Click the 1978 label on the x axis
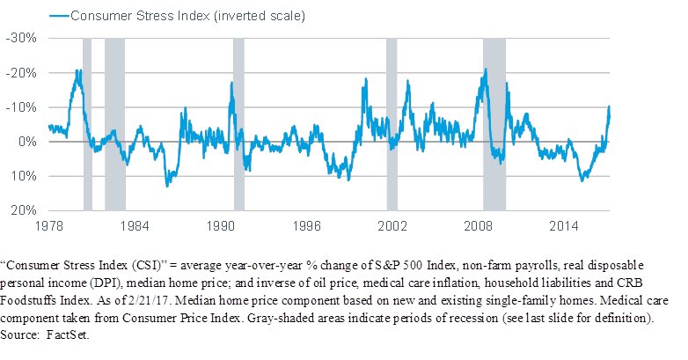tap(48, 225)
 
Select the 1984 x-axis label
tap(135, 225)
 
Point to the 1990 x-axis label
tap(221, 225)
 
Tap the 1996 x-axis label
tap(307, 225)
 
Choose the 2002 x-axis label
tap(393, 225)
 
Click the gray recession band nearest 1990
tap(238, 123)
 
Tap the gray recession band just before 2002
tap(392, 123)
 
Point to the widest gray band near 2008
tap(494, 123)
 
